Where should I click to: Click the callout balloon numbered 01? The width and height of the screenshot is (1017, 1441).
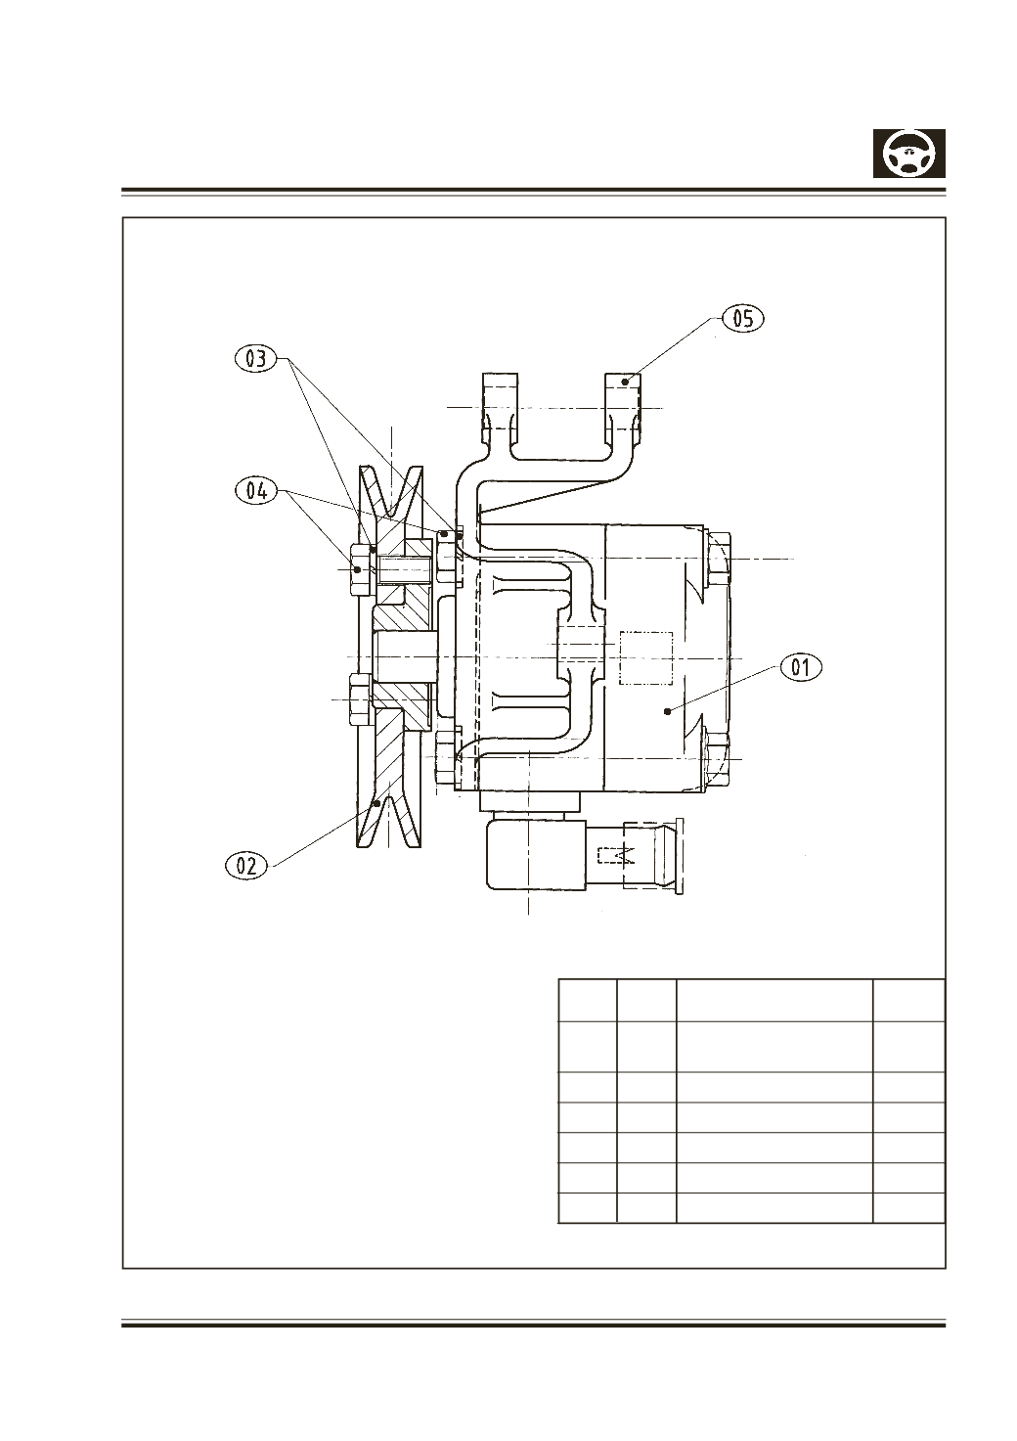[x=801, y=668]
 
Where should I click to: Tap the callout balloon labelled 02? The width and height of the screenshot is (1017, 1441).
[x=246, y=865]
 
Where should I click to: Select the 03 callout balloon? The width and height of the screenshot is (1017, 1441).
[x=255, y=358]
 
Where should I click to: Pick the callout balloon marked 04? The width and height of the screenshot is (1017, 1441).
[x=256, y=491]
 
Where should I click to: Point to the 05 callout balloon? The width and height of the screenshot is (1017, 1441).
[x=743, y=319]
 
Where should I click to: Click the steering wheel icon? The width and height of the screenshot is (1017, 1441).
[x=908, y=154]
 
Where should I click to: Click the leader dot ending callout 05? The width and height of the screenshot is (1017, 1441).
[x=624, y=382]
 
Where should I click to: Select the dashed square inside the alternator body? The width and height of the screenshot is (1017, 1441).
[x=646, y=658]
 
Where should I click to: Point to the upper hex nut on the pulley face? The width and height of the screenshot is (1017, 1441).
[x=361, y=569]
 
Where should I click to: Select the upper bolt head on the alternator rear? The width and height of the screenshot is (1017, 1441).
[x=718, y=559]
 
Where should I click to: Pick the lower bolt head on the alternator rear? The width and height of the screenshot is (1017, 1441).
[x=718, y=758]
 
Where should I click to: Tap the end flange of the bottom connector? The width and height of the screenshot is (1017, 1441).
[x=679, y=856]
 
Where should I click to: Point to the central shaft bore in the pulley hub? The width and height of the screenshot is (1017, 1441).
[x=405, y=657]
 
